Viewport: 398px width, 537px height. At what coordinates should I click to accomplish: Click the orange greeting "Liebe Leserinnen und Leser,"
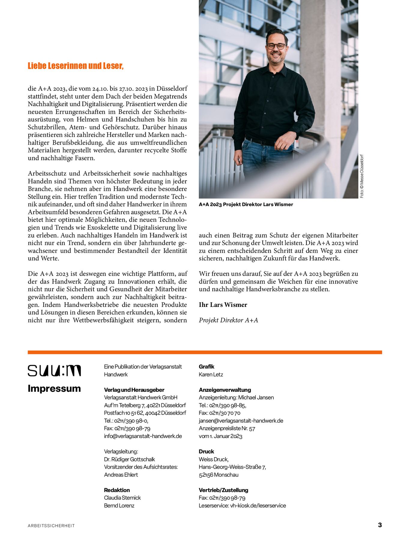coord(76,66)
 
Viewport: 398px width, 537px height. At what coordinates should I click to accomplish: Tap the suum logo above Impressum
coord(54,370)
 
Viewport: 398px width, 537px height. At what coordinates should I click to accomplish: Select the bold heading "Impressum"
coord(54,388)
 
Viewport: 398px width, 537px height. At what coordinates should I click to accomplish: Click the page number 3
coord(380,525)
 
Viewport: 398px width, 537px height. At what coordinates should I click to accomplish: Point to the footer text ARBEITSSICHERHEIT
coord(51,526)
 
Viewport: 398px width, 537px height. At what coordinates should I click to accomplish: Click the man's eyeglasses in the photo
coord(276,46)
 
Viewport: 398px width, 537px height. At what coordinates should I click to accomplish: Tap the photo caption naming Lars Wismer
coord(246,205)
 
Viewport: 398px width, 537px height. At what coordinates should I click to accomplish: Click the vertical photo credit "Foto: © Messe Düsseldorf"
coord(362,176)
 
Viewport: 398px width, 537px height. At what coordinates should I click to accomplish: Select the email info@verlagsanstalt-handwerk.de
coord(143,436)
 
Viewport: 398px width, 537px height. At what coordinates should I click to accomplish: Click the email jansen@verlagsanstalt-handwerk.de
coord(241,421)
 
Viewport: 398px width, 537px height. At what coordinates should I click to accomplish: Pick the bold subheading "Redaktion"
coord(117,490)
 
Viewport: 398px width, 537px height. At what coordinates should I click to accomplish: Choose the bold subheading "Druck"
coord(207,451)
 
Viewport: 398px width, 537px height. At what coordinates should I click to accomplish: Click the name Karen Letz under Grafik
coord(211,374)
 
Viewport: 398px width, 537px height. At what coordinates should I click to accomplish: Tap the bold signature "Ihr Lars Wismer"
coord(223,305)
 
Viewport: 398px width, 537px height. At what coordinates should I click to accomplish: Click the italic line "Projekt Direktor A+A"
coord(228,320)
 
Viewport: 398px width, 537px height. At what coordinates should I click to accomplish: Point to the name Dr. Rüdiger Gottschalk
coord(129,459)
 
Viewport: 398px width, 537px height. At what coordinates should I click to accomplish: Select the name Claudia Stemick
coord(122,498)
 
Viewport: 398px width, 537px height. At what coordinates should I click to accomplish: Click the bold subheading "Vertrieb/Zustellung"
coord(223,490)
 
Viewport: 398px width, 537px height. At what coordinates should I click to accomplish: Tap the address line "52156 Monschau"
coord(219,475)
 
